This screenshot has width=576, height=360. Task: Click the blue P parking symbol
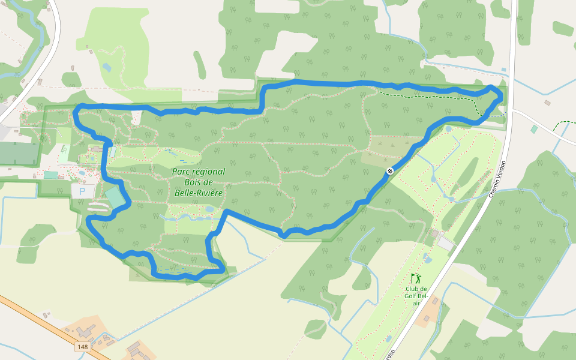tap(82, 191)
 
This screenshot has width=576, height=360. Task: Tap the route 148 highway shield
tap(83, 347)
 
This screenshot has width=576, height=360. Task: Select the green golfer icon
tap(416, 278)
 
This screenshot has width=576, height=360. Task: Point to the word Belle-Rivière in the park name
tap(198, 193)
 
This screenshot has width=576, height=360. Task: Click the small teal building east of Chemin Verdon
tap(534, 129)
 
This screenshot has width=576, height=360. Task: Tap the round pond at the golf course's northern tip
tap(449, 128)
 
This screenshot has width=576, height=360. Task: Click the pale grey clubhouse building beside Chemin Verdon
tap(446, 243)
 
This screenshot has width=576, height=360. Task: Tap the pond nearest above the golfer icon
tap(427, 259)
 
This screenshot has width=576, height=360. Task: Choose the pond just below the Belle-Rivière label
tap(209, 209)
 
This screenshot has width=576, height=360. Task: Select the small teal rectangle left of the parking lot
tap(51, 175)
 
